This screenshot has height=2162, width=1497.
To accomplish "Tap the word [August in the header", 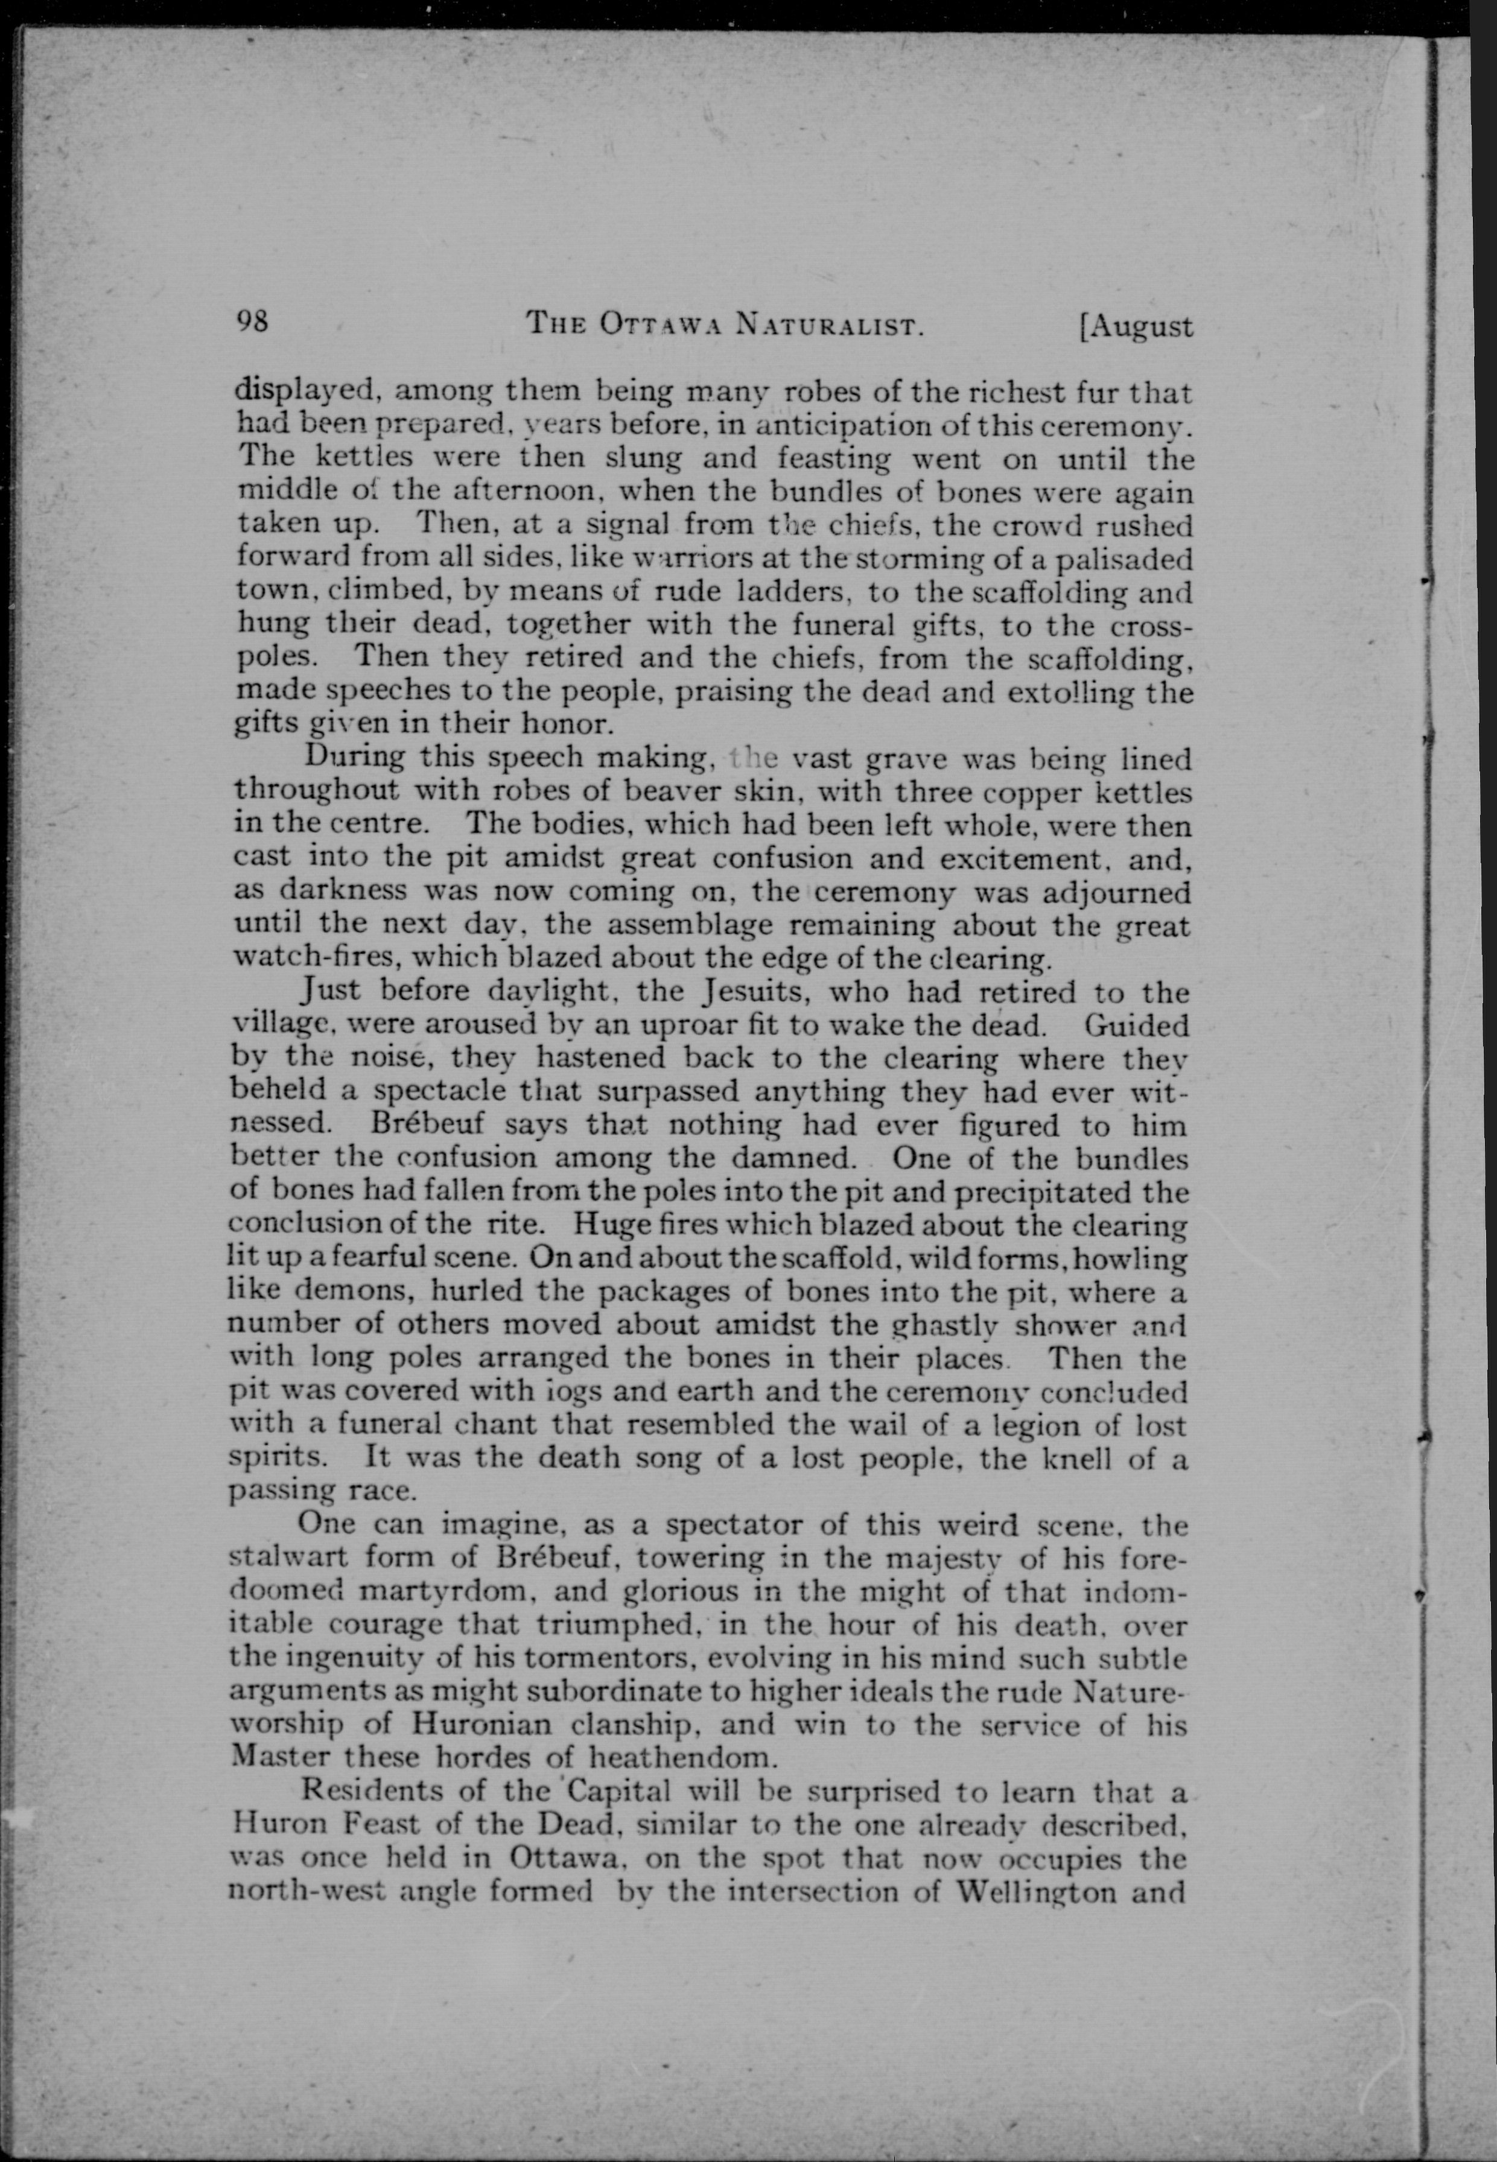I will tap(1136, 326).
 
